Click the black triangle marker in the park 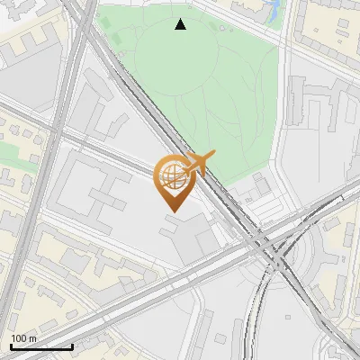(181, 24)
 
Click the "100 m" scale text (23, 337)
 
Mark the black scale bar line (40, 346)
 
